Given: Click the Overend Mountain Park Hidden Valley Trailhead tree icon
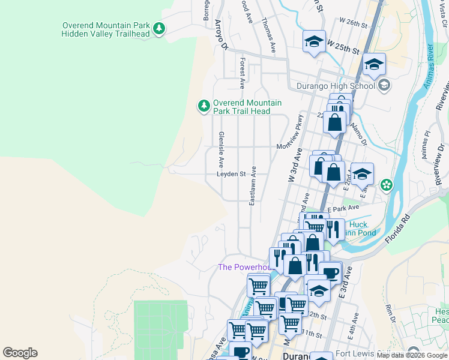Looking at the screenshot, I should (x=158, y=28).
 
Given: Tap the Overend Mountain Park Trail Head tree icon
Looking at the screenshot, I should (x=204, y=106).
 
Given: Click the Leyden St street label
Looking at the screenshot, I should (x=232, y=175).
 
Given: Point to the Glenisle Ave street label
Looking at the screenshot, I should (x=221, y=149).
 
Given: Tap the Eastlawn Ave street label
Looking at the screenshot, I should (x=253, y=186).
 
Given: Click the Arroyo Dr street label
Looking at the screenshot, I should (x=221, y=34).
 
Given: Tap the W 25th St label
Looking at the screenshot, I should (x=343, y=46).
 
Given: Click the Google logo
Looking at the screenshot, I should (x=20, y=353).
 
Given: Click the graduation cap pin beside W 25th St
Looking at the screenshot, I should (x=314, y=41).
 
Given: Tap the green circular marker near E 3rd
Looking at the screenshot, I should (x=387, y=185).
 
